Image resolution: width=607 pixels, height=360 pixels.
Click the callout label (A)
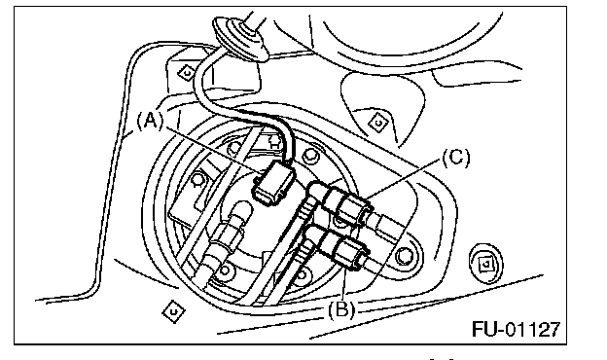tap(150, 122)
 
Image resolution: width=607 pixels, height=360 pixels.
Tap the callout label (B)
tap(341, 310)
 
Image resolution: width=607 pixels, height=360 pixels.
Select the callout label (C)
tap(456, 158)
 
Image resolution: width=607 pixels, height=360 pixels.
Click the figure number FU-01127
tap(516, 329)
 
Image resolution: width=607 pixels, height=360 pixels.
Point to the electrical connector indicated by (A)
tap(272, 183)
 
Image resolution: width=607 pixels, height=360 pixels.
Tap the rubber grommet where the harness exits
tap(240, 38)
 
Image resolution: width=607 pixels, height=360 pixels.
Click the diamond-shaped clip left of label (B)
tap(173, 311)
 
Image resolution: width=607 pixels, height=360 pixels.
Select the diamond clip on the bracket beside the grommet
tap(187, 72)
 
